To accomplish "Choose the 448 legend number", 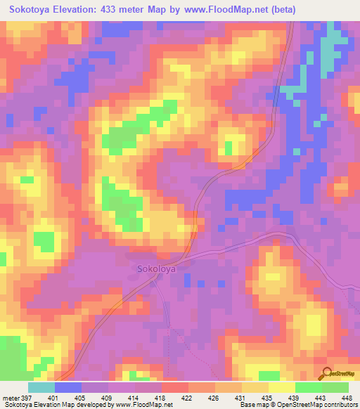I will tap(347, 397).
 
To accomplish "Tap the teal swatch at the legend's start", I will tap(41, 387).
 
